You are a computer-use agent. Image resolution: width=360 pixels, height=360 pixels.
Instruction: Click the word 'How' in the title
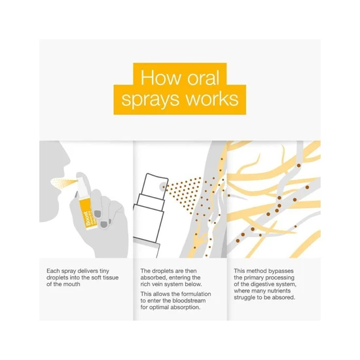coord(160,77)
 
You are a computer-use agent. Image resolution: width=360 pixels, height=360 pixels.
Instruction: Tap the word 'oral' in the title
coord(203,77)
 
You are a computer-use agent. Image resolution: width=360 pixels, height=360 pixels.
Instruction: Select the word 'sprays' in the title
coord(150,99)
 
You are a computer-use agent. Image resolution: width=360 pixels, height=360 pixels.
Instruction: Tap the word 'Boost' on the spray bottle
coord(88,219)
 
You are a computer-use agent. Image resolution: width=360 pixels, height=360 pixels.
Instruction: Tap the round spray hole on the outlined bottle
coord(163,186)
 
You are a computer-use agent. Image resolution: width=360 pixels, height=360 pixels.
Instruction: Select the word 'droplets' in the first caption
coord(57,278)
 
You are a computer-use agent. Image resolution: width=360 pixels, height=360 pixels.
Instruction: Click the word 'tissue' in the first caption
coord(110,278)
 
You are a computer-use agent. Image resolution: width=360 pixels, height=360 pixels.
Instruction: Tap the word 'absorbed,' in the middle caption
coord(153,278)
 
